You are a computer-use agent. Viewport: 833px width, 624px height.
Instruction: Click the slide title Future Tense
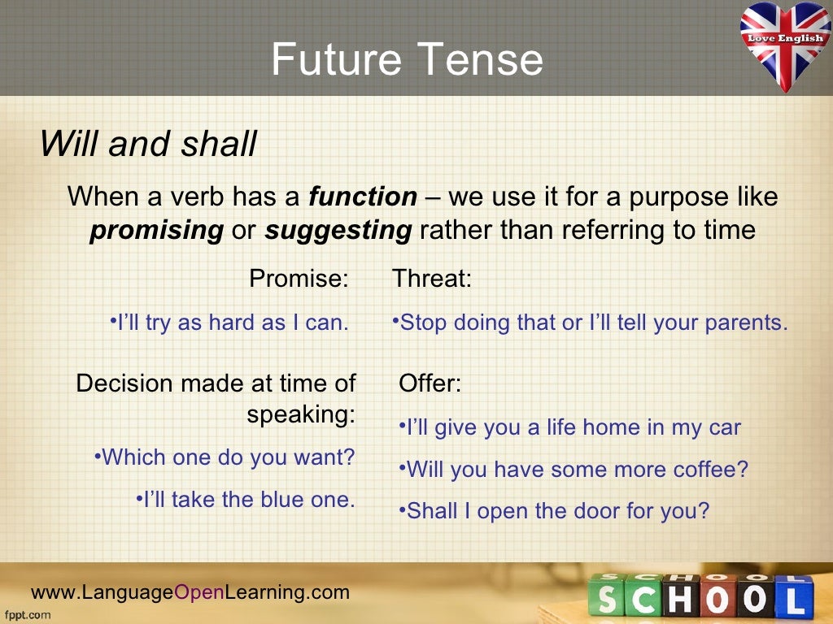click(407, 61)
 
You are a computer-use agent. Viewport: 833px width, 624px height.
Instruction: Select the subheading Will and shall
click(148, 145)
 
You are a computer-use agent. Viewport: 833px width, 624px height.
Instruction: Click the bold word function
click(362, 197)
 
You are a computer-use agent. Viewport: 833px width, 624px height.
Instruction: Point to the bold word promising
click(156, 231)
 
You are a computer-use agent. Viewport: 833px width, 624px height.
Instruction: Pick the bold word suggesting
click(338, 231)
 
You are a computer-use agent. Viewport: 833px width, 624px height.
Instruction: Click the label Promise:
click(299, 279)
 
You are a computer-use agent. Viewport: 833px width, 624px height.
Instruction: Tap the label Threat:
click(432, 279)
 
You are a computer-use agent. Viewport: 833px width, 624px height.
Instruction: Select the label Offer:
click(430, 383)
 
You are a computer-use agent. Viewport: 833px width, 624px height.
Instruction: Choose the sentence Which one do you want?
click(229, 457)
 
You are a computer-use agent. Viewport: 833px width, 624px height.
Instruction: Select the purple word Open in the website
click(199, 592)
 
